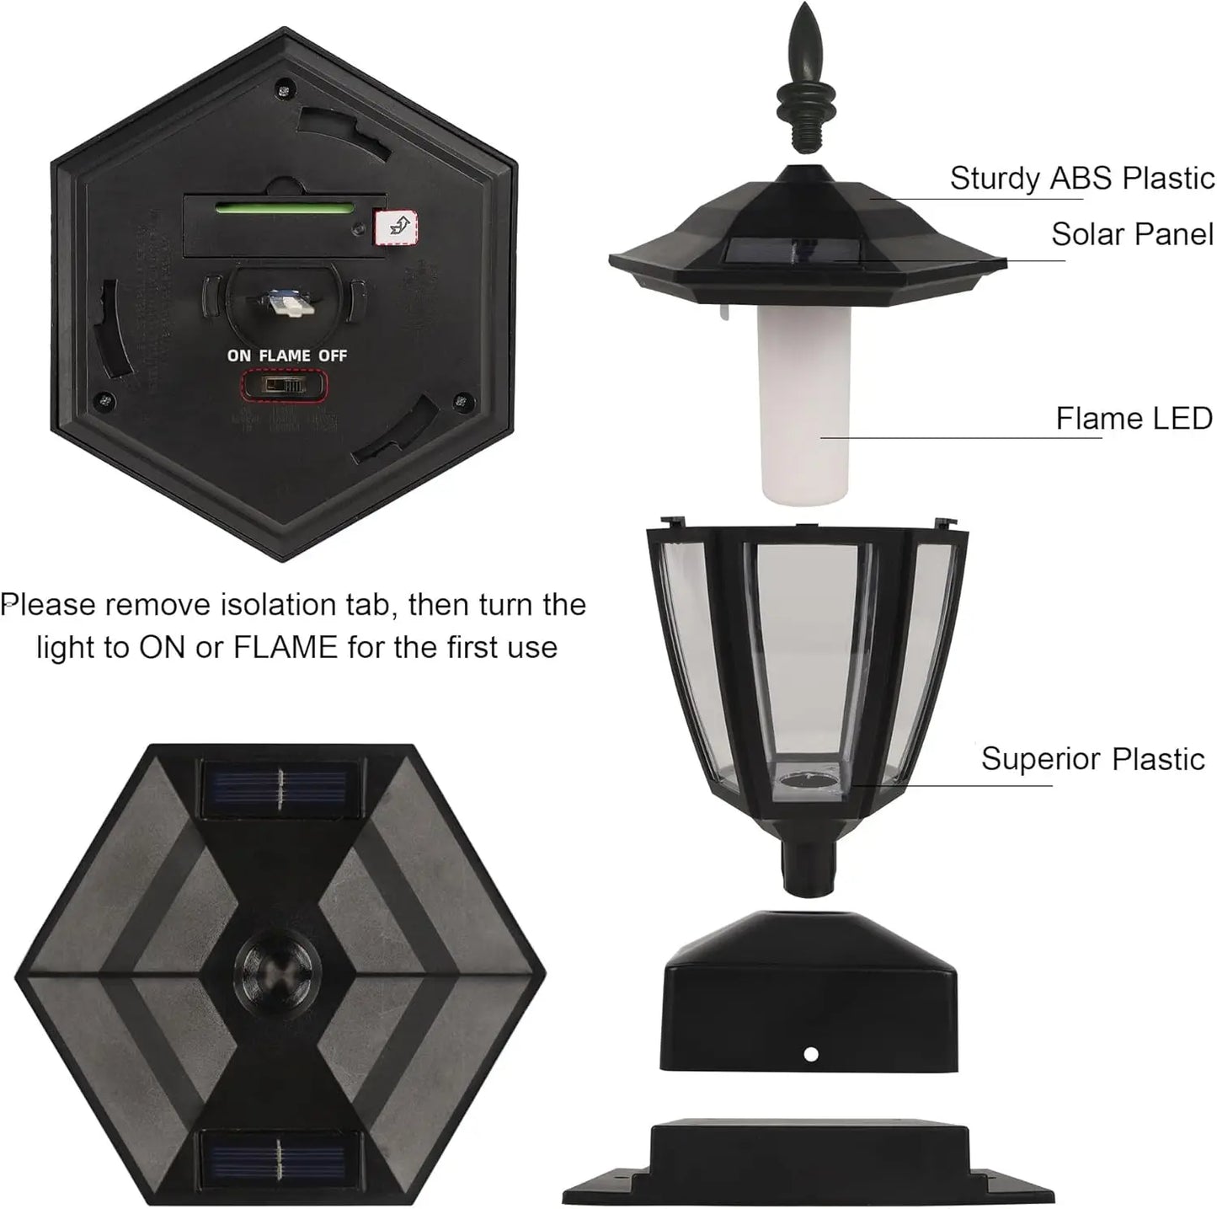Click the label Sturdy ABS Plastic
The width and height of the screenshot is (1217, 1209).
point(1081,179)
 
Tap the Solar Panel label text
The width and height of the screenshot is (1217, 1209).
point(1131,234)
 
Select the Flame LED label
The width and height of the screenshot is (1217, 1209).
point(1133,418)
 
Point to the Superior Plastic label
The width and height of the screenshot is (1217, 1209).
point(1092,759)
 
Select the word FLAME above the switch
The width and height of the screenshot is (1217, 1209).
point(285,356)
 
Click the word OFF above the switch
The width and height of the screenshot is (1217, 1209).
point(333,356)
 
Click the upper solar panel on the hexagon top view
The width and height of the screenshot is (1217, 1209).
point(280,789)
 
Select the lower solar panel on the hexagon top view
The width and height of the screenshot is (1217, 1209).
point(280,1153)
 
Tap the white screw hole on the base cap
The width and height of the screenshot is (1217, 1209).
point(810,1054)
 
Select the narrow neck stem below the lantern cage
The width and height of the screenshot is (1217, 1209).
point(804,868)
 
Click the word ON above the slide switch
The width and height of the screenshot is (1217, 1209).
point(239,356)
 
